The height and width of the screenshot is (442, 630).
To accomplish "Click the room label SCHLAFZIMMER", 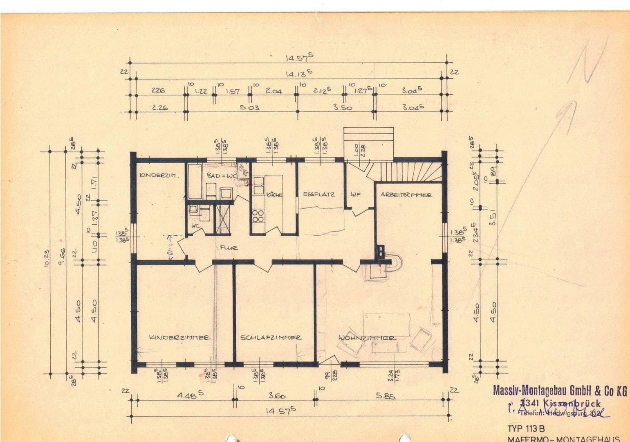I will tap(271, 338).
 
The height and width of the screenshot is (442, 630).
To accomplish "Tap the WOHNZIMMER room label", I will tap(367, 338).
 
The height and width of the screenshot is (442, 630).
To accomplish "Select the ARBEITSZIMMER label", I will tap(406, 195).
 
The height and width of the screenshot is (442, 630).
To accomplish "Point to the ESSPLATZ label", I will tap(319, 194).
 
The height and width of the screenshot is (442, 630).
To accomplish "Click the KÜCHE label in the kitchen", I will tap(274, 195).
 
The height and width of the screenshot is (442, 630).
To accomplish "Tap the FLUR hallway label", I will tap(229, 248).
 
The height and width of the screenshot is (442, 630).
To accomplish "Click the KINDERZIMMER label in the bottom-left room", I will tap(180, 338).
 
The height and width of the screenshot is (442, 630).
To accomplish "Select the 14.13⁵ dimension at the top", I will tap(299, 74).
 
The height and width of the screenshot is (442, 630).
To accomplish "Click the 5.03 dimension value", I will tap(249, 108).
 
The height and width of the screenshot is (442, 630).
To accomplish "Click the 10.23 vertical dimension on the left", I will tap(46, 258).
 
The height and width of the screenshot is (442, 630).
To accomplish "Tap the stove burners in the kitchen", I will tap(258, 216).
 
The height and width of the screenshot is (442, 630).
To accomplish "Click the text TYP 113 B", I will tap(526, 429).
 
